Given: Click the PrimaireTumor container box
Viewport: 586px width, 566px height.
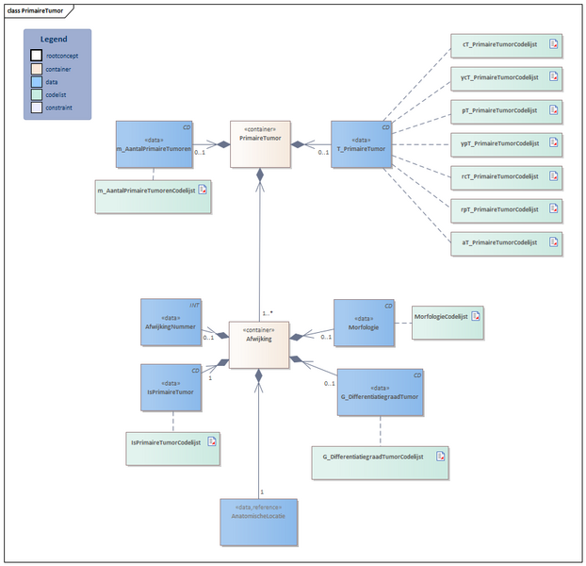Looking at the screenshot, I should (x=260, y=144).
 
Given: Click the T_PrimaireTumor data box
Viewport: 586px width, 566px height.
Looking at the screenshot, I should (x=362, y=144).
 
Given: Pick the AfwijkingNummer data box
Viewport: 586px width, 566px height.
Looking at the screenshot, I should (x=171, y=322).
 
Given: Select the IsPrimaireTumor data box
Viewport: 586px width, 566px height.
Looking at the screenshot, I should (x=171, y=387).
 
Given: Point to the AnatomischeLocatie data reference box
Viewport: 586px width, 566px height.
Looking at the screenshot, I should (x=259, y=522).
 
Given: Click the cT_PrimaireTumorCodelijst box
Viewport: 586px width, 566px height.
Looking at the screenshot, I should (x=506, y=44).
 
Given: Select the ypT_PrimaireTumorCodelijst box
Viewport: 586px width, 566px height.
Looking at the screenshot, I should (x=506, y=143).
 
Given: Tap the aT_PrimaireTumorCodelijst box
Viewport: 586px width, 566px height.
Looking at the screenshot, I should (x=506, y=242).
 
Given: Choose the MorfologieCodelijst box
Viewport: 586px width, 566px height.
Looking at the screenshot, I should (x=447, y=318).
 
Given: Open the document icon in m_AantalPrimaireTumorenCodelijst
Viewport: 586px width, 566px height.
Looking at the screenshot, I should (x=202, y=191).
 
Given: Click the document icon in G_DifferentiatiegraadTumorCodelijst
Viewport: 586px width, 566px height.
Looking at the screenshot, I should (x=440, y=457).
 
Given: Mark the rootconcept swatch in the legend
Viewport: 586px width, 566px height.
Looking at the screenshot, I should (x=35, y=57).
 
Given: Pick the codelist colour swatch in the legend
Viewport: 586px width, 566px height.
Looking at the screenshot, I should (x=35, y=96).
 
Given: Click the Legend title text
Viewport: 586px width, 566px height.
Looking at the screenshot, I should (x=53, y=40).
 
